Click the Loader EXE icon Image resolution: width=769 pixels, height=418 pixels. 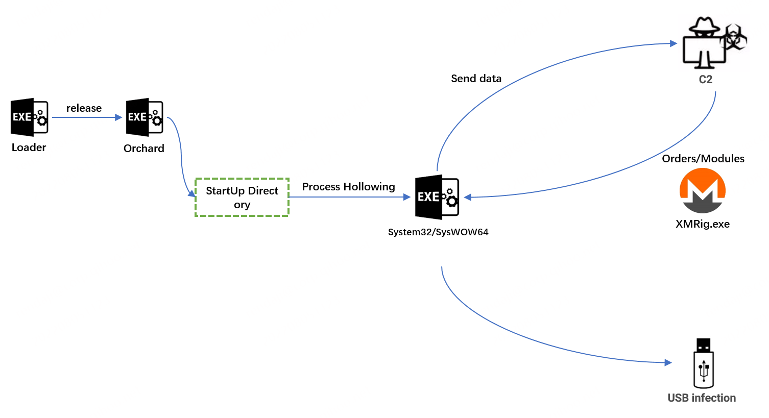point(30,117)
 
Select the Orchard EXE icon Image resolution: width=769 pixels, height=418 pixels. point(145,117)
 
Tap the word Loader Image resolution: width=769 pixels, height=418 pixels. point(29,147)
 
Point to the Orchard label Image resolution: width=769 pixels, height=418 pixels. point(144,149)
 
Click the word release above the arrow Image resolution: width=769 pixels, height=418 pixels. point(84,108)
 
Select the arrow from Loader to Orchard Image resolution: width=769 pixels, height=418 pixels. point(87,117)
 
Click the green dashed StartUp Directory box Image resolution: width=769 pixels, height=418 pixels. point(242,198)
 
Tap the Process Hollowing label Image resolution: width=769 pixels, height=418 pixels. point(348,187)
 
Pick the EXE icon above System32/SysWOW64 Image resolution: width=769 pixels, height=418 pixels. point(437,197)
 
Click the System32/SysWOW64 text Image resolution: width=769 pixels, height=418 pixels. point(438,232)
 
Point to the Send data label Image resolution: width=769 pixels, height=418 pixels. point(476,79)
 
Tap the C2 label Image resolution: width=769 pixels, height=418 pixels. point(705,80)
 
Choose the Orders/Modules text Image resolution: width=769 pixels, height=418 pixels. point(703,159)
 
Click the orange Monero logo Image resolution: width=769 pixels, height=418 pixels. point(703,190)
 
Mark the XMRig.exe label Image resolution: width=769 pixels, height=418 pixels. point(703,224)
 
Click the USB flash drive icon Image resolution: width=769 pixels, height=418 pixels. point(703,363)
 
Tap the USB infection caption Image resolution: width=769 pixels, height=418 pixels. point(702,398)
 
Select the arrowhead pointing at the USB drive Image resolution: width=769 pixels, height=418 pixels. point(668,362)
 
